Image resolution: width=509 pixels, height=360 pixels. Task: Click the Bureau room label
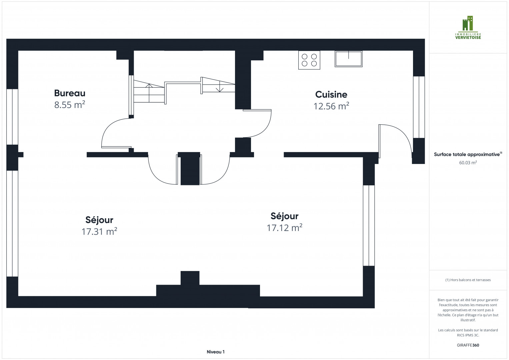70,93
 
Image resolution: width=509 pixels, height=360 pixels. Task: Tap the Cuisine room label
331,95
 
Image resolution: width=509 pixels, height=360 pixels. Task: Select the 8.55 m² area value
70,105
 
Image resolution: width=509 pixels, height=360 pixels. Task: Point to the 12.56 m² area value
331,106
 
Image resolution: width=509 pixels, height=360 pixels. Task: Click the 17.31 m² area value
99,231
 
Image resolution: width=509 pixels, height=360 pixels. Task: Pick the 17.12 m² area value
284,227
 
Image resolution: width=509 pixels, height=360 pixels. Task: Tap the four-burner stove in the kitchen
309,60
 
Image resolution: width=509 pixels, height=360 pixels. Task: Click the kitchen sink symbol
349,59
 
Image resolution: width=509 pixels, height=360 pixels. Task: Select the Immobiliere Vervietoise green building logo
468,23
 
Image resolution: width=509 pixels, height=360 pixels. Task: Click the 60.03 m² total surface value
468,163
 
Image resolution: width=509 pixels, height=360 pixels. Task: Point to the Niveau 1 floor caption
215,352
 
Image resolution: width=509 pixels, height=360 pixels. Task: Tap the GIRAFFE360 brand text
468,345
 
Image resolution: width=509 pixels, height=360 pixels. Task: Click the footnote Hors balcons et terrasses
468,280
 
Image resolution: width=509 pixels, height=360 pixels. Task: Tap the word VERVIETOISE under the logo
468,37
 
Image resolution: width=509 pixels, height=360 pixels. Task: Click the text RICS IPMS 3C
468,335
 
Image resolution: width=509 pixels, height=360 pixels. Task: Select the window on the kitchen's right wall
419,107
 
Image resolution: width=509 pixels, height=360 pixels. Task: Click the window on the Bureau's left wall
12,117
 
